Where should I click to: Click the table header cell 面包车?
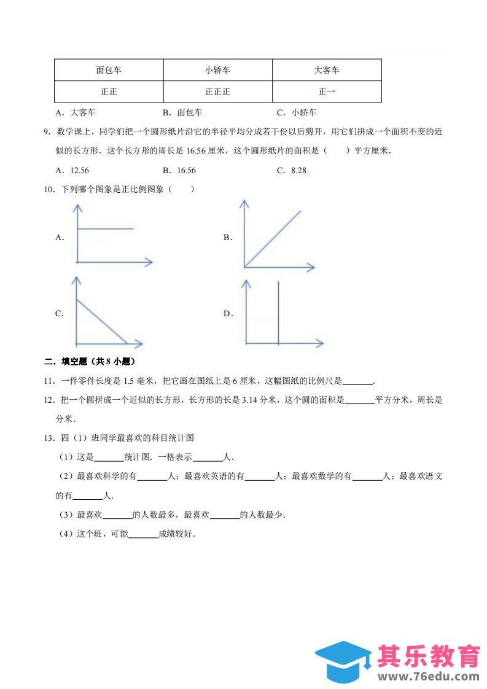pyautogui.click(x=109, y=70)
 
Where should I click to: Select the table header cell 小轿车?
pyautogui.click(x=217, y=70)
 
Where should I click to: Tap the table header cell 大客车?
pyautogui.click(x=326, y=70)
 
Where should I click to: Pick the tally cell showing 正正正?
pyautogui.click(x=217, y=91)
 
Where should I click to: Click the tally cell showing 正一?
pyautogui.click(x=326, y=91)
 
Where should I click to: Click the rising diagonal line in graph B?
pyautogui.click(x=273, y=239)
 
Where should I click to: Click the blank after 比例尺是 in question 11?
pyautogui.click(x=357, y=381)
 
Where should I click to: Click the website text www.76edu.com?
pyautogui.click(x=429, y=676)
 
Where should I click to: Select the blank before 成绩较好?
pyautogui.click(x=144, y=534)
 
